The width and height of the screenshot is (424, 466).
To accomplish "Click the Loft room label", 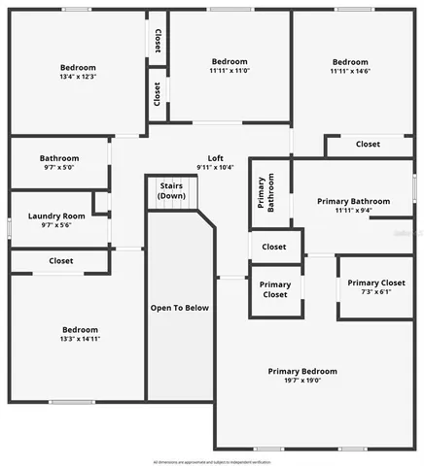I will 216,158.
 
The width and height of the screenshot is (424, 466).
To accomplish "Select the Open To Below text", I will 179,308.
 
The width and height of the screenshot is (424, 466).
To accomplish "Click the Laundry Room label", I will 56,216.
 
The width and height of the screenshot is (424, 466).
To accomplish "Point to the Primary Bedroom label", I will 302,371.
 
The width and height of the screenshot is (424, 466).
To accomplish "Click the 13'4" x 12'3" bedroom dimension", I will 77,76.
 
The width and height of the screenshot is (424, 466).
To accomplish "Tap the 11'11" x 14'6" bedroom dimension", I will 348,71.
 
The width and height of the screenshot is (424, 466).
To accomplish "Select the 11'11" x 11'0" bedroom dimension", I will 230,71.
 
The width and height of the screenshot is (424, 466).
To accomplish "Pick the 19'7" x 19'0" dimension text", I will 302,381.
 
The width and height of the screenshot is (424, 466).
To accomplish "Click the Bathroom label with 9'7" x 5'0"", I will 59,158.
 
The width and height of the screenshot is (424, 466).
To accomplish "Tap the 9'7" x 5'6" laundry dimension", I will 56,225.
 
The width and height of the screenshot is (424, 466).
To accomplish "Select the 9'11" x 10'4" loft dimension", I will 216,168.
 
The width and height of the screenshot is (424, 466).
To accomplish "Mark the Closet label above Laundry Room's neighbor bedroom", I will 61,260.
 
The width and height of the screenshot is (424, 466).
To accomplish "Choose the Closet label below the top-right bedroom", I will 367,144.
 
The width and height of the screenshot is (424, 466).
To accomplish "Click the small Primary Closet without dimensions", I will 274,289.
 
